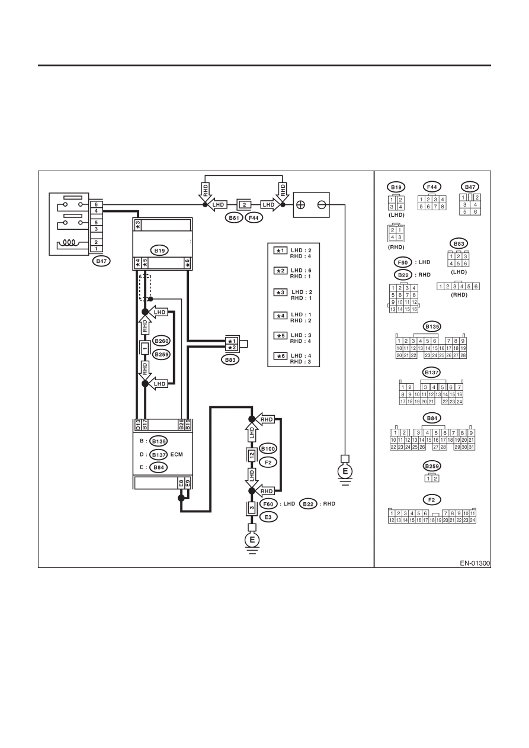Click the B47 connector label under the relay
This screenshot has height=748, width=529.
click(x=101, y=261)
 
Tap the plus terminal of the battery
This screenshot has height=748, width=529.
click(x=300, y=205)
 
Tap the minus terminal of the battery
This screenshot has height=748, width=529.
click(x=322, y=205)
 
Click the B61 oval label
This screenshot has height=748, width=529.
click(x=234, y=218)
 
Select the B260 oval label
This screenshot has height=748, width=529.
click(x=162, y=341)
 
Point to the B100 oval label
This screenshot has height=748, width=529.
click(x=268, y=448)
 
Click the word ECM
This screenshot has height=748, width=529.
click(x=177, y=454)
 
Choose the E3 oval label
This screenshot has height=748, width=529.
click(x=268, y=517)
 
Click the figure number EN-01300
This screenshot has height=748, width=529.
click(x=475, y=563)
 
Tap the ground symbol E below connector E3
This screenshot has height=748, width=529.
click(x=252, y=540)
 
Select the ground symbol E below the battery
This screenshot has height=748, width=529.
click(x=345, y=471)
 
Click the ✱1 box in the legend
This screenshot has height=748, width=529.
click(x=281, y=251)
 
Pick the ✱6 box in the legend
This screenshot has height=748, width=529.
click(x=281, y=356)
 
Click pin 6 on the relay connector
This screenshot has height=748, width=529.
click(x=96, y=204)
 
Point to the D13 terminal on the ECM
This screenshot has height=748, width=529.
click(x=137, y=425)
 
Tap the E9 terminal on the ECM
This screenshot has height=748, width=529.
click(x=188, y=483)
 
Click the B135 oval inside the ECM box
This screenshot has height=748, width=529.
click(x=159, y=441)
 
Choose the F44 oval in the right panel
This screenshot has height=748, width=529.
click(x=432, y=187)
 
